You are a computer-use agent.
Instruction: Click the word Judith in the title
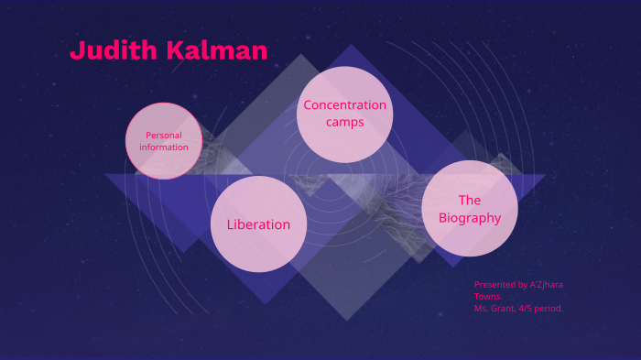click(x=114, y=51)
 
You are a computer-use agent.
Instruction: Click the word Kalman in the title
click(x=217, y=51)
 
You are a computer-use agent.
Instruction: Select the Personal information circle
click(x=164, y=140)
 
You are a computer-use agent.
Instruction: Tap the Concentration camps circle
click(x=345, y=115)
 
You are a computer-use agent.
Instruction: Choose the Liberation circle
click(x=258, y=224)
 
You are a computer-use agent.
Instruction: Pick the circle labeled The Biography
click(x=470, y=209)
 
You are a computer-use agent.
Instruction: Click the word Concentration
click(x=345, y=105)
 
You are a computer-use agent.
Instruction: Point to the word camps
click(x=345, y=122)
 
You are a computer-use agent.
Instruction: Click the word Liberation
click(x=258, y=224)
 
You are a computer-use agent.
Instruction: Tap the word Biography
click(x=470, y=218)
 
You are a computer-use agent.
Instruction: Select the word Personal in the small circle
click(x=164, y=136)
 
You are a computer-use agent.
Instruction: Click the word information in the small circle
click(x=164, y=147)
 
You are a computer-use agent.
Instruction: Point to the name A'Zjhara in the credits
click(x=544, y=284)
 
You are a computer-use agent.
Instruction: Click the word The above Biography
click(x=470, y=200)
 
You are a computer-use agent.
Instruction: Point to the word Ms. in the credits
click(x=482, y=308)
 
